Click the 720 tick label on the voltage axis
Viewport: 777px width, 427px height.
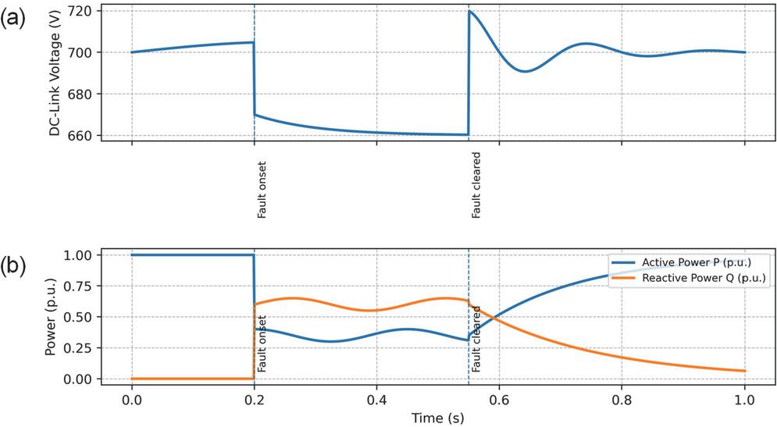click(87, 11)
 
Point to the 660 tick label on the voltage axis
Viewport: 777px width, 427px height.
click(87, 136)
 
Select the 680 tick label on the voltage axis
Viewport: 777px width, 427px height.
click(87, 94)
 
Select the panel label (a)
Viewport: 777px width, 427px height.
click(18, 19)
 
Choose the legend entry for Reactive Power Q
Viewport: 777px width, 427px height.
click(700, 277)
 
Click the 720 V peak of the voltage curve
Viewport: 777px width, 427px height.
click(469, 12)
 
